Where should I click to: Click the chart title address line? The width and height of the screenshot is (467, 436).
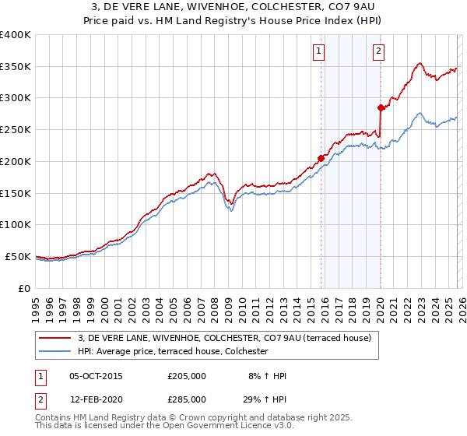[233, 7]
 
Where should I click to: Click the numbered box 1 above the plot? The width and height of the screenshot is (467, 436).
[319, 52]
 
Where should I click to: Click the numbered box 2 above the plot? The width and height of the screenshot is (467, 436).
[378, 52]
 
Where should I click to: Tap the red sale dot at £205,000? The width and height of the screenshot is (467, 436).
[321, 158]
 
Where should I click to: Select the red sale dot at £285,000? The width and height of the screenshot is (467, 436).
[381, 107]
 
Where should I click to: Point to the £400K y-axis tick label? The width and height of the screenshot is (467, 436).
[16, 35]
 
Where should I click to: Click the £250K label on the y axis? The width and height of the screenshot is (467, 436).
[16, 130]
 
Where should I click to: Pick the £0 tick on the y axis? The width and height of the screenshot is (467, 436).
[25, 288]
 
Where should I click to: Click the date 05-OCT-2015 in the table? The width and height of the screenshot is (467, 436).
[96, 376]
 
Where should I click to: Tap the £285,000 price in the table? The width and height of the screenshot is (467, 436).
[186, 399]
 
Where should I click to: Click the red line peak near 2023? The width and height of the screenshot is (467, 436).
[420, 63]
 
